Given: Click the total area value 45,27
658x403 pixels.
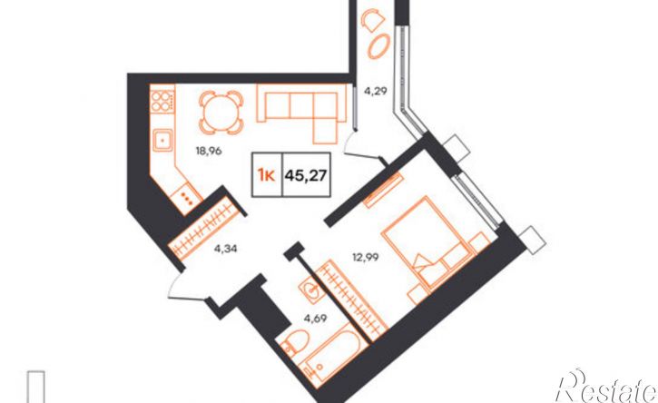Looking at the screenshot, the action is coord(306,174).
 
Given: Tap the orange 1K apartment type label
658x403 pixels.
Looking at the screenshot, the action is coord(267,175).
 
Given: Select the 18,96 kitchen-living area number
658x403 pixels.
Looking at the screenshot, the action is coord(209,151).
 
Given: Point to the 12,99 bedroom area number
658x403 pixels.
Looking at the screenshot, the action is coord(365,257).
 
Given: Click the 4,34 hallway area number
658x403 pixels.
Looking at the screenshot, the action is coord(226,249).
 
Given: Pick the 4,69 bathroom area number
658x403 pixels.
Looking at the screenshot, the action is coord(316,318).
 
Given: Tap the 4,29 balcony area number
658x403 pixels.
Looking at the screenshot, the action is coord(375,90).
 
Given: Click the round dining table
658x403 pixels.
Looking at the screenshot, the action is coord(221,113).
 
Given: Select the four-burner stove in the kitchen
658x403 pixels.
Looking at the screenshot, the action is coord(162,101).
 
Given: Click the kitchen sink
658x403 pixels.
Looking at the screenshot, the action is coord(162,140).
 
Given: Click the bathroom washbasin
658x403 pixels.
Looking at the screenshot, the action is coord(311,290).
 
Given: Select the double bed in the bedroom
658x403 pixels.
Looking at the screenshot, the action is coord(426,242).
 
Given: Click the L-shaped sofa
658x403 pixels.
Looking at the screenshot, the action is coord(301,109).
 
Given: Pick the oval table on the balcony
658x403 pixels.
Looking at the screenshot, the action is coord(379,46).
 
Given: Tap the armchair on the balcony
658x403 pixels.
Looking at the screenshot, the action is coord(373,20).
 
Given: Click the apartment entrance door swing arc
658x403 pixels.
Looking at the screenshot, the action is coord(174,285).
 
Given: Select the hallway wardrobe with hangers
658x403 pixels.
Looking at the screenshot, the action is coord(206,228).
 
